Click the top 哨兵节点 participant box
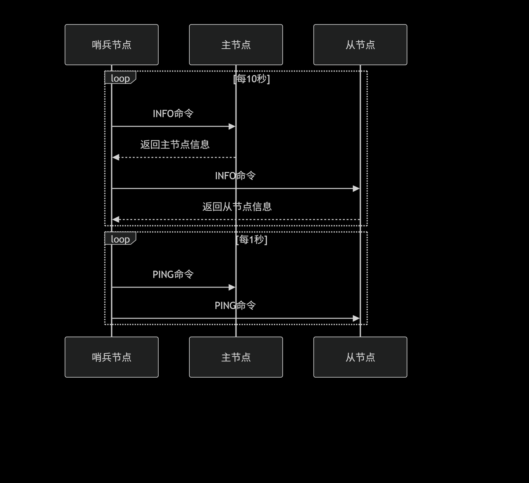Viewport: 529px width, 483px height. [112, 45]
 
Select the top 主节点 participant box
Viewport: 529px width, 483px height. [236, 45]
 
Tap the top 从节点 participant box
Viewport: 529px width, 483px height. [360, 45]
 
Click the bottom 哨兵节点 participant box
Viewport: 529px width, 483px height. [112, 357]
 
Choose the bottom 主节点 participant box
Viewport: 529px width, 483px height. [236, 357]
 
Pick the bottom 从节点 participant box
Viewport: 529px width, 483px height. [360, 357]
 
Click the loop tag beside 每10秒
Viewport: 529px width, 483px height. [120, 78]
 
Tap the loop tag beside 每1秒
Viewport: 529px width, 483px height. [120, 239]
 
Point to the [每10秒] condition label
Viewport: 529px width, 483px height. [251, 79]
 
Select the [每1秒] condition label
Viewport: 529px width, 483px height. [251, 239]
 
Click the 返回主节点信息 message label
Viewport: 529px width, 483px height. [175, 145]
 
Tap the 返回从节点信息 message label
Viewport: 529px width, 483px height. [237, 207]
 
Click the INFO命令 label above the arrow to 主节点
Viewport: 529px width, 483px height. [173, 114]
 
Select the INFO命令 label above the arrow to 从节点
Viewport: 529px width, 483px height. [235, 176]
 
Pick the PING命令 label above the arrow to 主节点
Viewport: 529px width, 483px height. [173, 274]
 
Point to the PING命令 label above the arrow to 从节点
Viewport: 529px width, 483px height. [235, 305]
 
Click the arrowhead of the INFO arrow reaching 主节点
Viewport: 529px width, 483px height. [232, 126]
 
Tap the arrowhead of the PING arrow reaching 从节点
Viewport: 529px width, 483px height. [356, 318]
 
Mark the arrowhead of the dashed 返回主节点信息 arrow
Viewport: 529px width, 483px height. [116, 157]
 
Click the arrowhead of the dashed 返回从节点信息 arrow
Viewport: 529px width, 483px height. [116, 219]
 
